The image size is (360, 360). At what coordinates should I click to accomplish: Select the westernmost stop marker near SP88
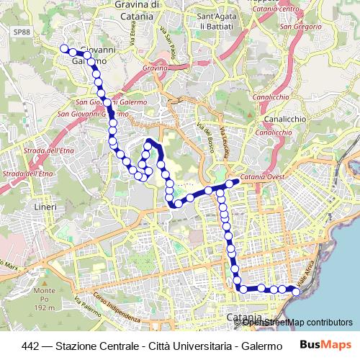63,49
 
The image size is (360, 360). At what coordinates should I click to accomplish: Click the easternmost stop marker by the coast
295,291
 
